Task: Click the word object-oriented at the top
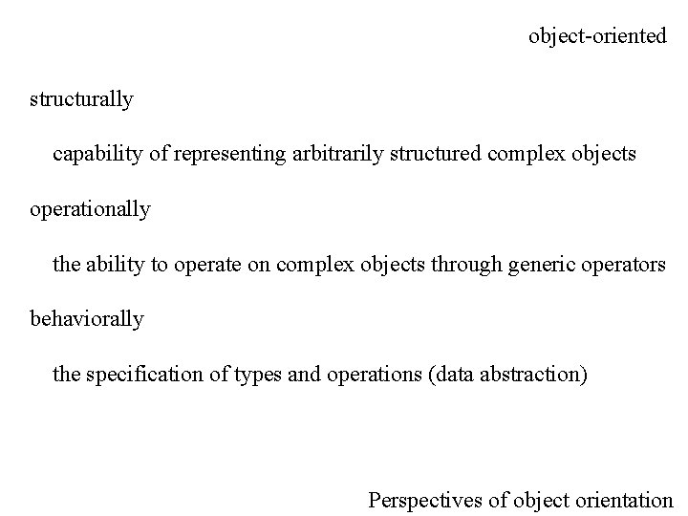[x=597, y=36]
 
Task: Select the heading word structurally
[x=81, y=98]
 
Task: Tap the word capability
[x=95, y=153]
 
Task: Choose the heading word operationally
[x=90, y=208]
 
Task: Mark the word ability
[x=114, y=264]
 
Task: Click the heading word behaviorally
[x=87, y=318]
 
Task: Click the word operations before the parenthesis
[x=364, y=374]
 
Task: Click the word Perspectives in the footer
[x=424, y=499]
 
